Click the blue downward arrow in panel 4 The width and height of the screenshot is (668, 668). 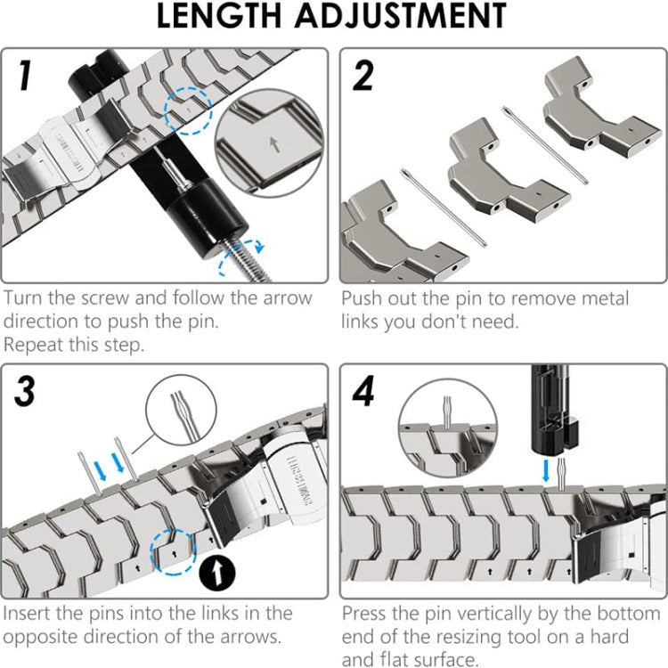point(545,469)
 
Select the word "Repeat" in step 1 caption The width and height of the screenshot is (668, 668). point(36,344)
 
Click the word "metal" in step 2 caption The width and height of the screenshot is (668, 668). point(599,297)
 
